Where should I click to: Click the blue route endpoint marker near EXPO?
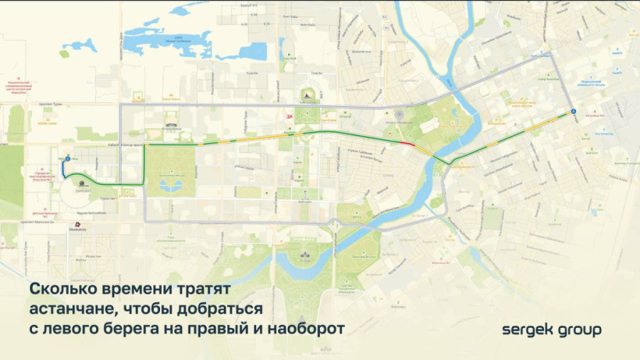(x=67, y=158)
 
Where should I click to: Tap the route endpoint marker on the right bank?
(x=572, y=112)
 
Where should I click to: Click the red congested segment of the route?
(x=407, y=144)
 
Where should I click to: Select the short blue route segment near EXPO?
(x=64, y=169)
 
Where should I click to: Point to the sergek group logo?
(x=551, y=330)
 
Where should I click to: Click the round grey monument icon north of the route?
(x=398, y=116)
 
